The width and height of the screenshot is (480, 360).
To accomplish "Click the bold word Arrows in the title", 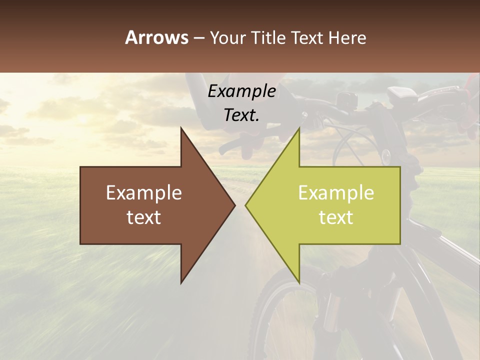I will [x=156, y=37].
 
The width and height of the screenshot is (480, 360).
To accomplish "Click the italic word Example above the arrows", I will [x=241, y=91].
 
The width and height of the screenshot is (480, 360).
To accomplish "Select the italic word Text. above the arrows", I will [x=241, y=115].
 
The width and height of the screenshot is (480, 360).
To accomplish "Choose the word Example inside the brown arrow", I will [x=144, y=193].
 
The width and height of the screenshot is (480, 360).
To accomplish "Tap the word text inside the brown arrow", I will [x=144, y=217].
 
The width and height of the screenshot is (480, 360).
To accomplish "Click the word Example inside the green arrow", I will [x=336, y=193].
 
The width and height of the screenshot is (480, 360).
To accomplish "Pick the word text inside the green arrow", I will [x=336, y=217].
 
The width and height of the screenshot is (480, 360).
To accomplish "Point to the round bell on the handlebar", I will [x=386, y=156].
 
